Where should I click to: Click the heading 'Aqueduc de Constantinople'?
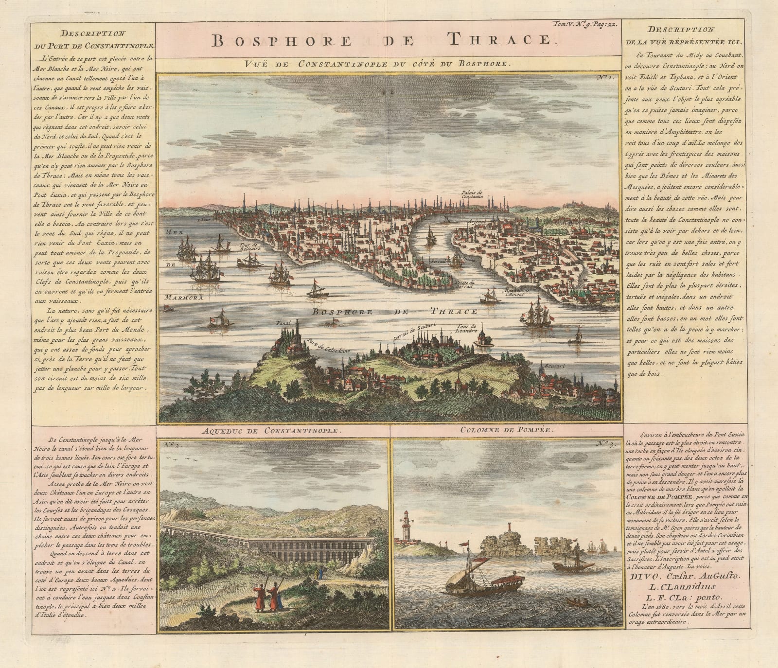pos(273,431)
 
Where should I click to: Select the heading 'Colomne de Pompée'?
pos(506,431)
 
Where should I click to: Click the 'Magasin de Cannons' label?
pos(518,294)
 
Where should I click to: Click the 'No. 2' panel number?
pos(169,444)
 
